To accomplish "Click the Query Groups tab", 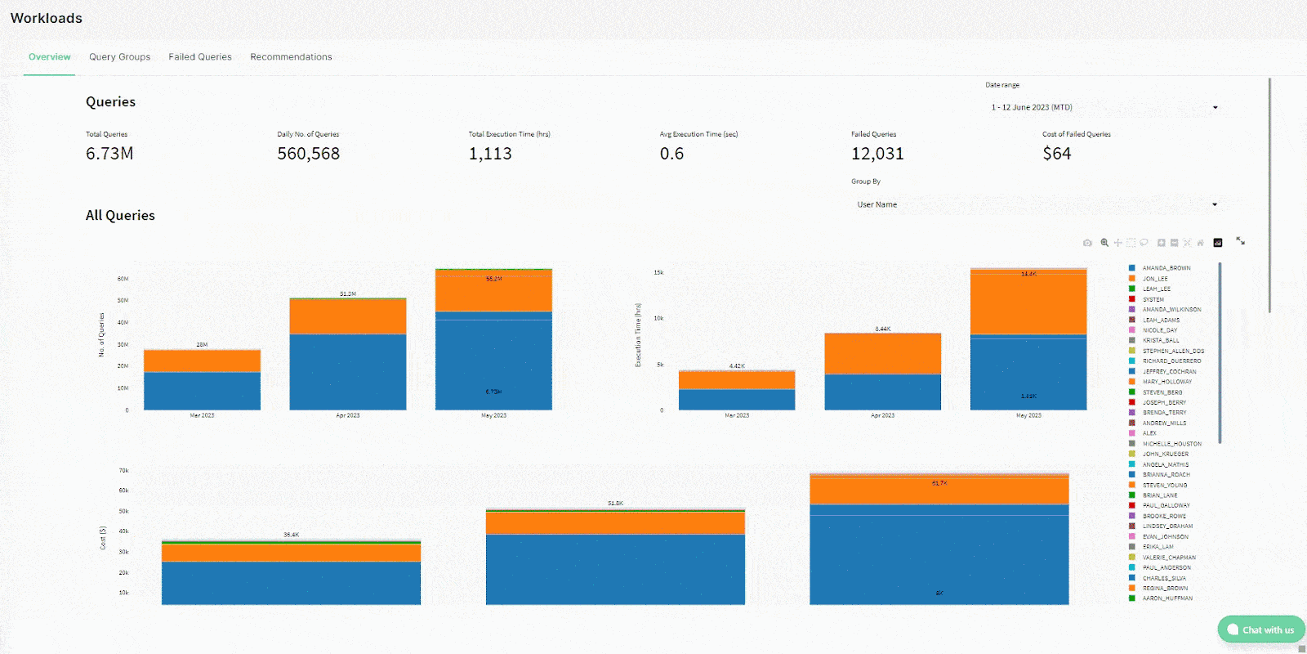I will click(119, 57).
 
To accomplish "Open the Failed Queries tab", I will click(200, 57).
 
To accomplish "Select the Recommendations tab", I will click(291, 57).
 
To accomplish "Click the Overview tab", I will click(49, 57).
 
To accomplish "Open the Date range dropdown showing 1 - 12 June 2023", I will click(1103, 107).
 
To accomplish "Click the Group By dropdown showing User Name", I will click(1036, 204).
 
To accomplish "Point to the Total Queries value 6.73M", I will click(109, 154).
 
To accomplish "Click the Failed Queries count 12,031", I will click(877, 154).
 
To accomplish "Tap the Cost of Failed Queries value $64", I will click(1056, 154).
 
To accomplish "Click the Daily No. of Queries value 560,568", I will click(308, 154).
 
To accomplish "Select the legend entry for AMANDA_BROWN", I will click(1166, 268).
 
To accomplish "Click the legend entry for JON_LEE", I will click(1154, 279).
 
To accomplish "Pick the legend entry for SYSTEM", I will click(1153, 299).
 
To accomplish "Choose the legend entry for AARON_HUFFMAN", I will click(1166, 598).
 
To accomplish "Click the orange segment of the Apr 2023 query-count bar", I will click(348, 316).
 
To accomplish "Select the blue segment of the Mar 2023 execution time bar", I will click(737, 399).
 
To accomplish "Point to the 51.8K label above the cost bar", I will click(615, 504).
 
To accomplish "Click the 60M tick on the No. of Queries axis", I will click(123, 279).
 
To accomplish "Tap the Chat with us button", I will click(1260, 629).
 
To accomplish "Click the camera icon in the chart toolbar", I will click(1087, 243).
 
